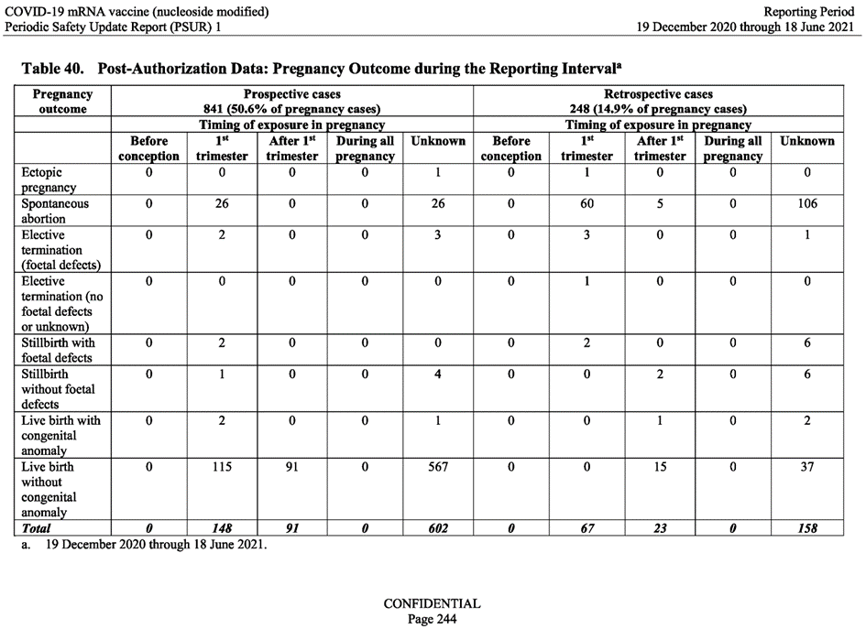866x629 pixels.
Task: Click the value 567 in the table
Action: click(438, 466)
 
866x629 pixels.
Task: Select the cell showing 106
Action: click(806, 203)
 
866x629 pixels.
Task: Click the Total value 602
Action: click(438, 528)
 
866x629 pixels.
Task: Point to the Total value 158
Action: click(806, 528)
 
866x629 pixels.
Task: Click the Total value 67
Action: click(586, 528)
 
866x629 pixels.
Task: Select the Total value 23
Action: click(660, 528)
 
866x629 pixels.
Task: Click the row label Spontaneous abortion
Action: click(55, 211)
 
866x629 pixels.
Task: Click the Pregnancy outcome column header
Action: click(62, 101)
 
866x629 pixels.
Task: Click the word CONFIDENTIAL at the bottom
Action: click(432, 603)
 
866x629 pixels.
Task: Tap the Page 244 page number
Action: click(432, 618)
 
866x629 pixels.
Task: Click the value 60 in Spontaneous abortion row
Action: click(586, 203)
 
